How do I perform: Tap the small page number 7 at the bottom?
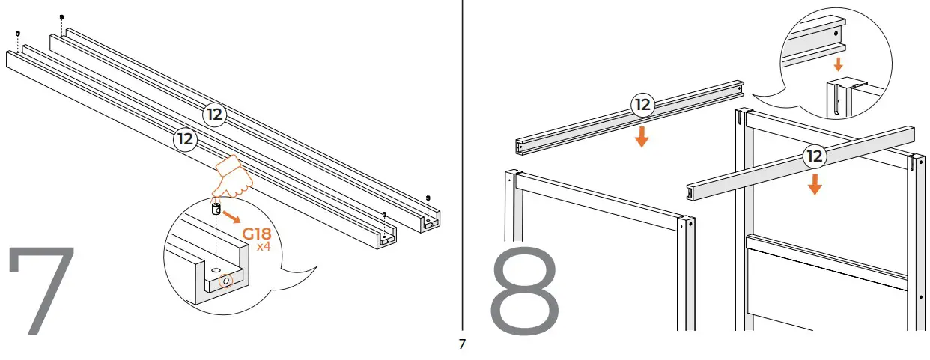pyautogui.click(x=462, y=345)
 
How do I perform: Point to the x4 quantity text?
pyautogui.click(x=263, y=246)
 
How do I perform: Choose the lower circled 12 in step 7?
pyautogui.click(x=185, y=138)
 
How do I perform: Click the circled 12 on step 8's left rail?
pyautogui.click(x=642, y=106)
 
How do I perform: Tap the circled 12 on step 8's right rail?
pyautogui.click(x=814, y=156)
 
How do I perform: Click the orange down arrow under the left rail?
pyautogui.click(x=642, y=138)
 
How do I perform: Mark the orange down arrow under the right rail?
pyautogui.click(x=815, y=184)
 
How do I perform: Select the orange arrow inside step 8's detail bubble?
pyautogui.click(x=838, y=64)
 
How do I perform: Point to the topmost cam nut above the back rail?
pyautogui.click(x=61, y=16)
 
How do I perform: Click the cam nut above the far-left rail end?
pyautogui.click(x=17, y=34)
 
